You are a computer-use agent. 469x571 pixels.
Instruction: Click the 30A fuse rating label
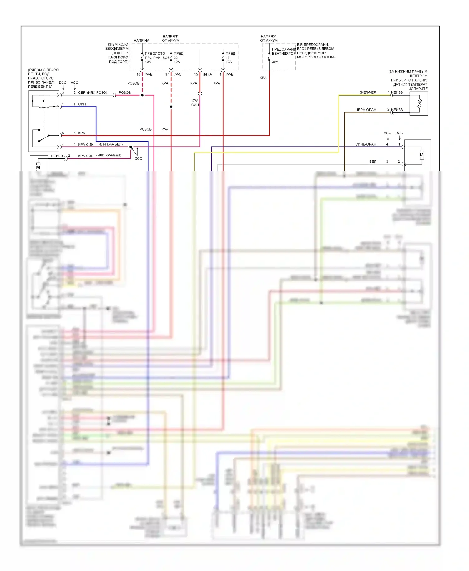[x=275, y=62]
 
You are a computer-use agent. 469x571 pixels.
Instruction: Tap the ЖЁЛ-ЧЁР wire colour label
[x=368, y=92]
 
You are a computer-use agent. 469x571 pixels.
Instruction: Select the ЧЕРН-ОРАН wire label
[x=366, y=110]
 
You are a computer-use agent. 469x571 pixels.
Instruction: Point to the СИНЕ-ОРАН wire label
[x=366, y=144]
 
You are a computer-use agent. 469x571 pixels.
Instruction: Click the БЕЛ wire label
[x=372, y=162]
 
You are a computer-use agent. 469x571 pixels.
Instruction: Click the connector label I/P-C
[x=177, y=74]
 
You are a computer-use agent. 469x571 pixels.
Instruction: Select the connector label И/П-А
[x=207, y=74]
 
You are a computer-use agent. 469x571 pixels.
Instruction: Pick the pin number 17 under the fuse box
[x=167, y=74]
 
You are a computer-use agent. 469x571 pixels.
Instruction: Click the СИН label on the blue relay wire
[x=82, y=104]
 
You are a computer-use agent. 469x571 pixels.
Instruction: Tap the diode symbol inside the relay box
[x=43, y=101]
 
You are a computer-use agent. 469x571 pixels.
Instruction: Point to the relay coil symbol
[x=44, y=107]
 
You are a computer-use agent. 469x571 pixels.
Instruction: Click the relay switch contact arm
[x=44, y=138]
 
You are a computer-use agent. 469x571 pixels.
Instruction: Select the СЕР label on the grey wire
[x=82, y=93]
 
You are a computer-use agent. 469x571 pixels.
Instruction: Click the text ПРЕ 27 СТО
[x=155, y=54]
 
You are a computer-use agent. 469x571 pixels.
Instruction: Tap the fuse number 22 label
[x=176, y=58]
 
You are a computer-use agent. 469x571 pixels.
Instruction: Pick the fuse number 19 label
[x=228, y=58]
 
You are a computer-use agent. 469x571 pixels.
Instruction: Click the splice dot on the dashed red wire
[x=171, y=107]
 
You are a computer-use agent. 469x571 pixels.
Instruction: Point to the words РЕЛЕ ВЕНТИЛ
[x=40, y=87]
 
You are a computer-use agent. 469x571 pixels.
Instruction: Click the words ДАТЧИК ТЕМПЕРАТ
[x=410, y=85]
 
